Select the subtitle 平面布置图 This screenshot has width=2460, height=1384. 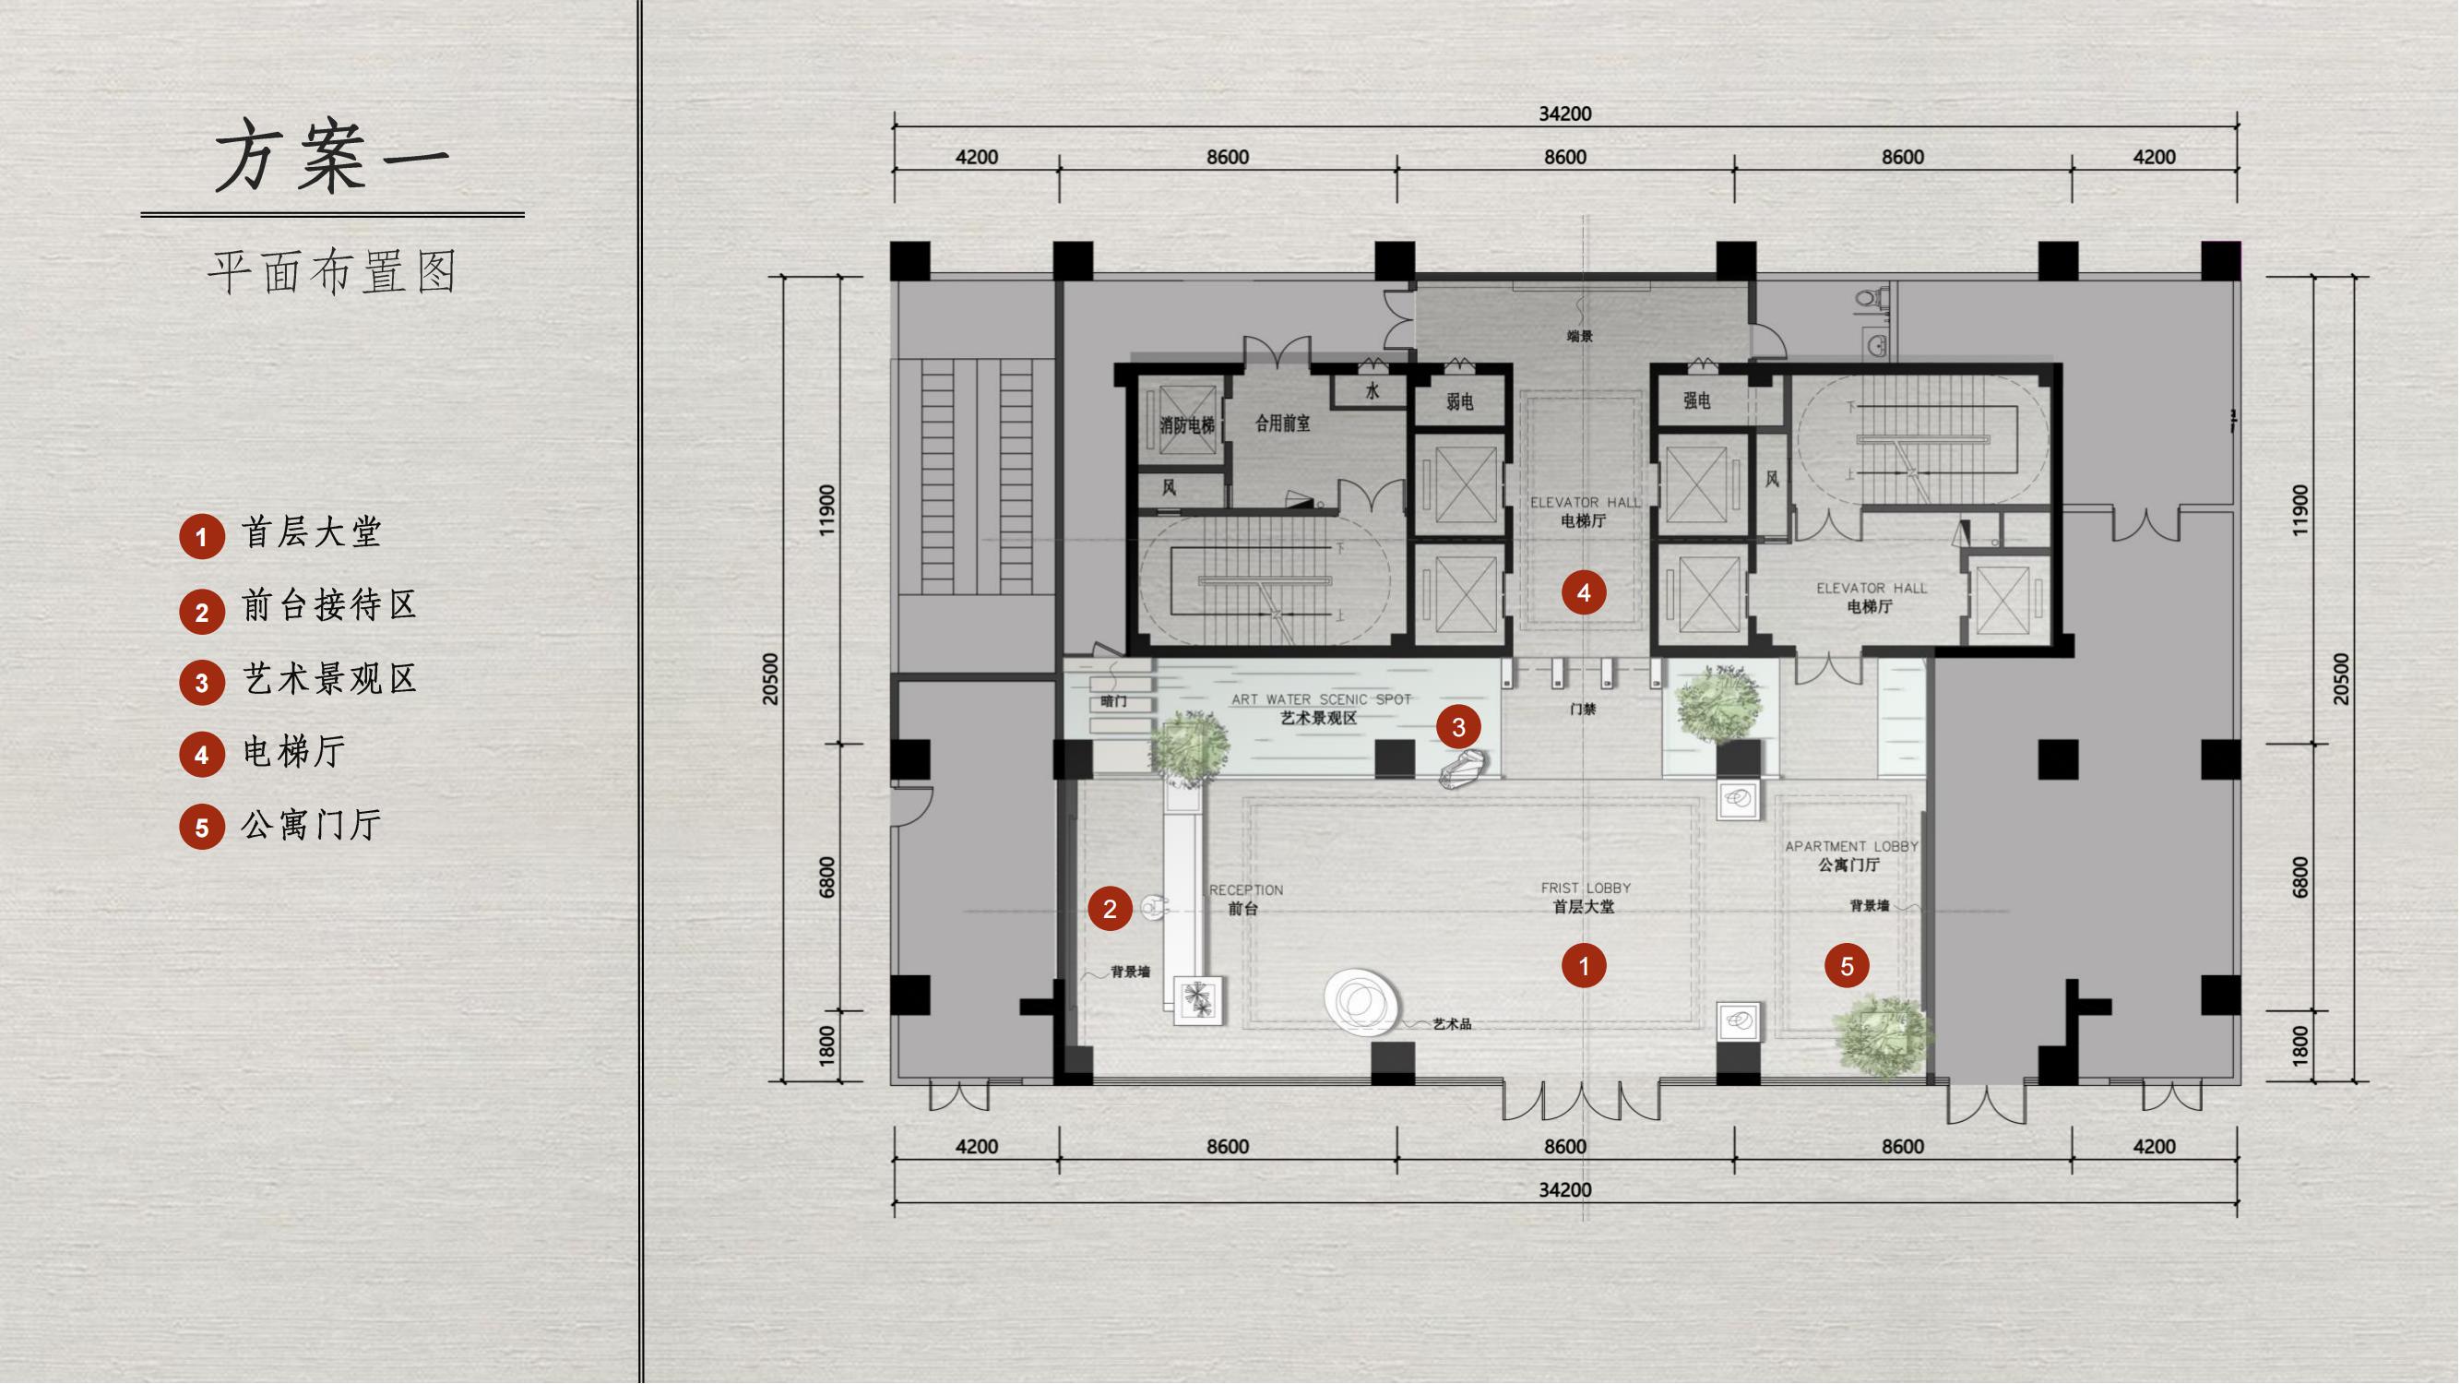pyautogui.click(x=333, y=272)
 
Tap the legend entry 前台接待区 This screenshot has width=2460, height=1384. pyautogui.click(x=329, y=605)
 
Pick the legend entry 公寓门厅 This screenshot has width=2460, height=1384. pyautogui.click(x=312, y=825)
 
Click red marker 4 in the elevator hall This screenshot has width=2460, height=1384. pyautogui.click(x=1585, y=593)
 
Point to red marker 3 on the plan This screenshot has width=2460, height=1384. pyautogui.click(x=1458, y=728)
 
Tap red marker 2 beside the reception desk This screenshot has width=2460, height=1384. pyautogui.click(x=1110, y=910)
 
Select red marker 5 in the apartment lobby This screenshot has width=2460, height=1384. pyautogui.click(x=1847, y=967)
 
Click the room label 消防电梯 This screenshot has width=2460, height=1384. pyautogui.click(x=1187, y=426)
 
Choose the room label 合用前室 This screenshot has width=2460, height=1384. pyautogui.click(x=1281, y=424)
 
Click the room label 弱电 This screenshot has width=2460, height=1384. pyautogui.click(x=1459, y=402)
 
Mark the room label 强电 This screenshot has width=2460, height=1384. pyautogui.click(x=1696, y=401)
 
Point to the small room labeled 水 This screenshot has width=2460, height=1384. pyautogui.click(x=1373, y=390)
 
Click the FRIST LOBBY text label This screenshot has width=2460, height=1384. pyautogui.click(x=1586, y=889)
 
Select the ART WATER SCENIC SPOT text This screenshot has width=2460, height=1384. pyautogui.click(x=1321, y=700)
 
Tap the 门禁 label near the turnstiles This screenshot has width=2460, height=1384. pyautogui.click(x=1583, y=710)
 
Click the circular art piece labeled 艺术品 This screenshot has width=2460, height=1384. pyautogui.click(x=1361, y=1002)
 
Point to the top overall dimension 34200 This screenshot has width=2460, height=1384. pyautogui.click(x=1565, y=113)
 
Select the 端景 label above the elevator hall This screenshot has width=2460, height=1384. pyautogui.click(x=1579, y=336)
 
